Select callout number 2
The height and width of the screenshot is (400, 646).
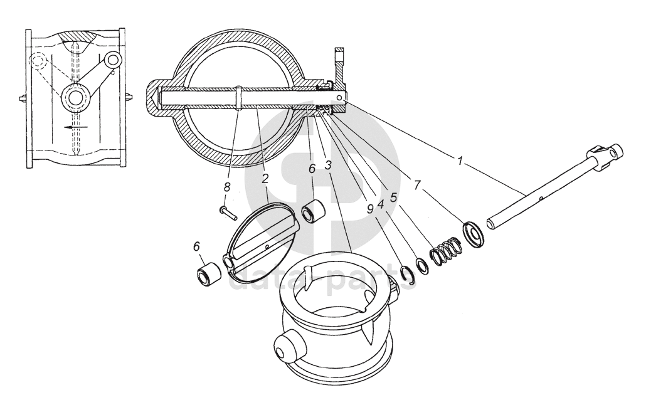pos(265,179)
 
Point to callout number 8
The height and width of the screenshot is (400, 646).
pos(228,186)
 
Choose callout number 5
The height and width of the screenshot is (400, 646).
pos(393,196)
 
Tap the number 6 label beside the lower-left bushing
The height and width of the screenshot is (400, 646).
pos(198,248)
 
